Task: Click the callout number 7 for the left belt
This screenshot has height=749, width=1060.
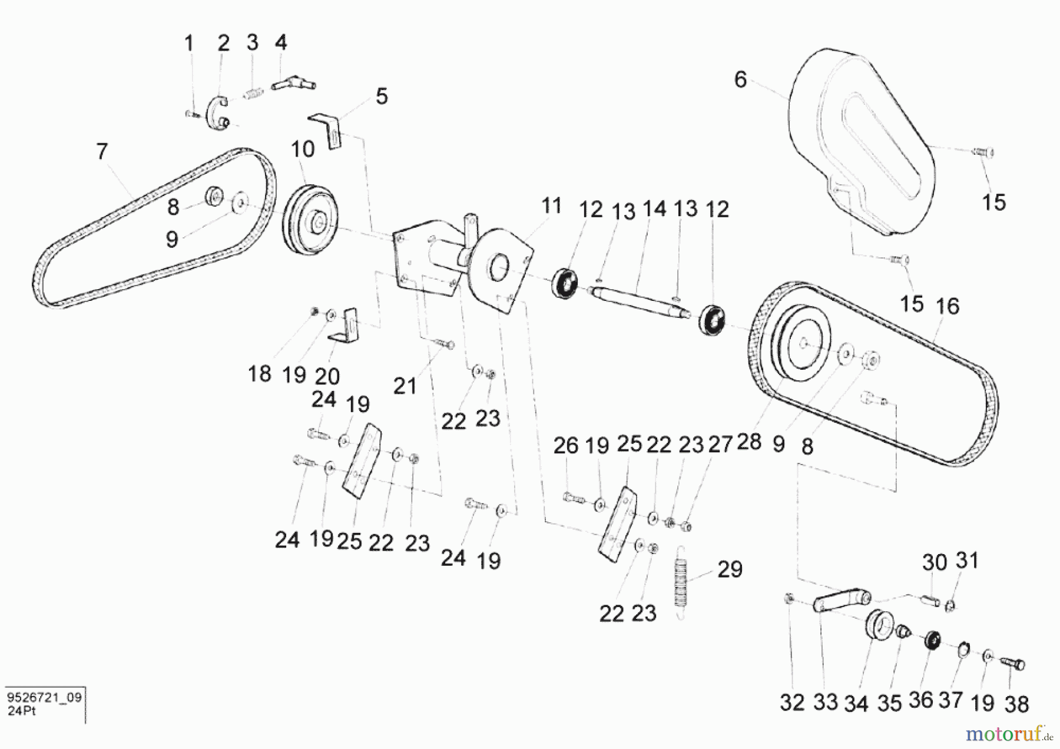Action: (x=102, y=151)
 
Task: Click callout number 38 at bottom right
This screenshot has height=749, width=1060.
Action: (x=1016, y=704)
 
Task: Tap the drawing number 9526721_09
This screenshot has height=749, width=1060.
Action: (x=44, y=698)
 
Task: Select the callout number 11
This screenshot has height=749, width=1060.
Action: (x=551, y=206)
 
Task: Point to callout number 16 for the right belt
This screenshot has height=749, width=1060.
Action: (x=948, y=306)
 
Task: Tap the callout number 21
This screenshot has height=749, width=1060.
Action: (x=405, y=386)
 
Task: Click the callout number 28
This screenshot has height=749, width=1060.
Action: (x=749, y=441)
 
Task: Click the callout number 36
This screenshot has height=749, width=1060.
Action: (x=920, y=700)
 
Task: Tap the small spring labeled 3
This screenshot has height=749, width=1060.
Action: (x=254, y=93)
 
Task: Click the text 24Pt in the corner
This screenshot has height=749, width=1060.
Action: (x=22, y=711)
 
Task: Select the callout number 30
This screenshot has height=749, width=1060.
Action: (x=935, y=562)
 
